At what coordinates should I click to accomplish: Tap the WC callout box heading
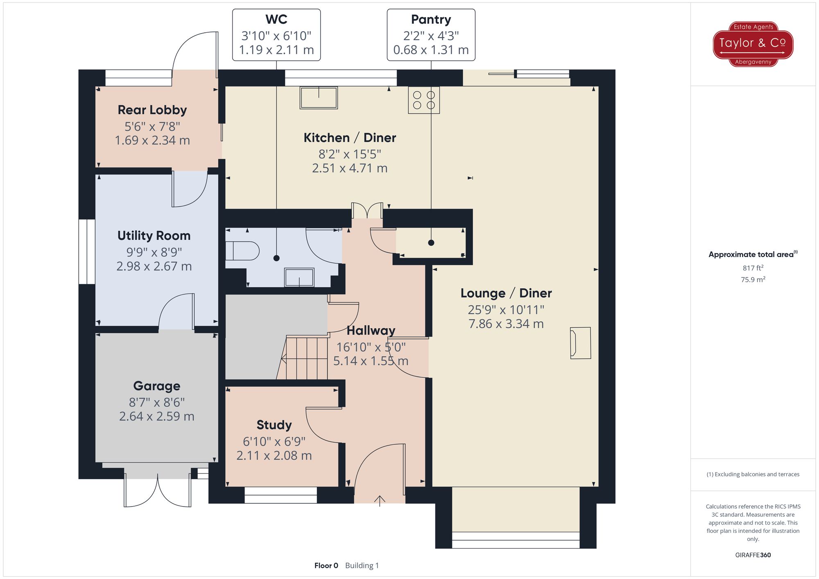[x=276, y=19]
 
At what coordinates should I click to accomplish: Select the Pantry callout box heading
[x=431, y=19]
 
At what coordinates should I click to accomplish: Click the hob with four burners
[x=424, y=100]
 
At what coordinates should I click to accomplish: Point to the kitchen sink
[x=319, y=97]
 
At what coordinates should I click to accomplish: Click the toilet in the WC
[x=242, y=251]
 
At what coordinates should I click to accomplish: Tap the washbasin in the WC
[x=299, y=277]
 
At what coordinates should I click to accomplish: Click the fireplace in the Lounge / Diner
[x=581, y=343]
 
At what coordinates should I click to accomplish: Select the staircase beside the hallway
[x=303, y=357]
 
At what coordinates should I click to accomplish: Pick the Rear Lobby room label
[x=152, y=110]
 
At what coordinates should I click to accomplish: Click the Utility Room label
[x=154, y=235]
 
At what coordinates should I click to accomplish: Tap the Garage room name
[x=157, y=385]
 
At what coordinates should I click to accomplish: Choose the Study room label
[x=274, y=425]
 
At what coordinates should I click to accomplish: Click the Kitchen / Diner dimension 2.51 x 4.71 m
[x=350, y=168]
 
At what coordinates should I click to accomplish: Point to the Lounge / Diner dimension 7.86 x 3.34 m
[x=506, y=324]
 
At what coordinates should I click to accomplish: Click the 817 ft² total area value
[x=753, y=268]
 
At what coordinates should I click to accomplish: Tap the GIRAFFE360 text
[x=753, y=555]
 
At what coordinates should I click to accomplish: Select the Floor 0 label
[x=326, y=565]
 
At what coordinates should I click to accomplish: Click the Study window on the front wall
[x=281, y=495]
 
